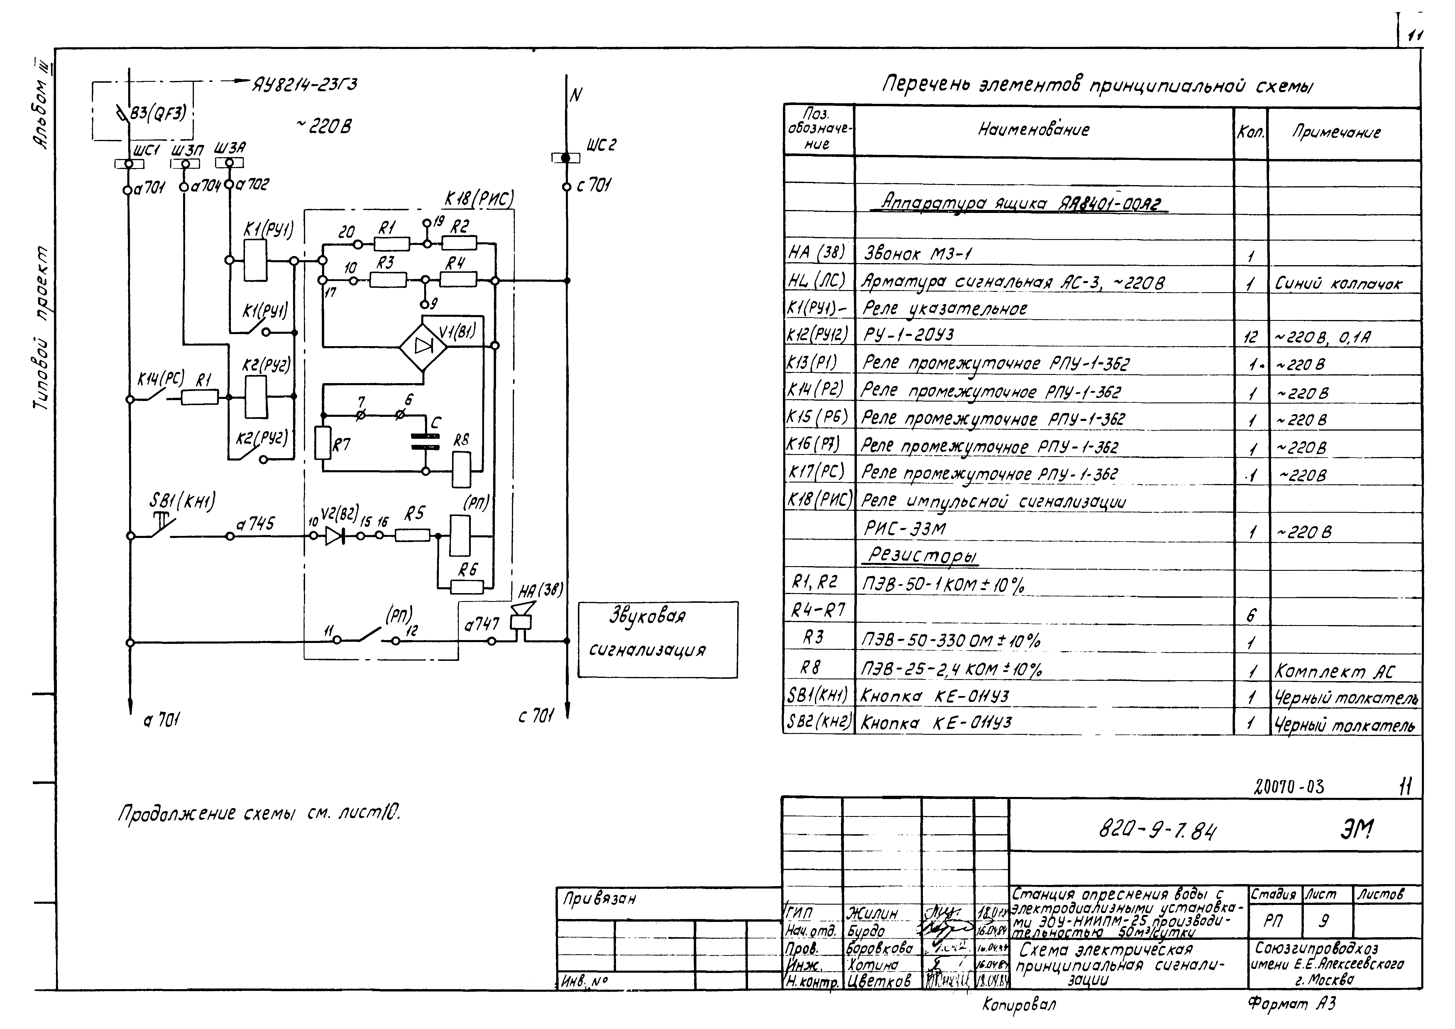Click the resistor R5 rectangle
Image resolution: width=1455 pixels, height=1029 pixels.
412,535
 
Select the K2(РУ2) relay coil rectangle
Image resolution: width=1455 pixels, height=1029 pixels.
256,397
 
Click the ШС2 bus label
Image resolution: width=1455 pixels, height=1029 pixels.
601,145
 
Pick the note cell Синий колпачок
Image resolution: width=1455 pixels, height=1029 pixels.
1339,284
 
